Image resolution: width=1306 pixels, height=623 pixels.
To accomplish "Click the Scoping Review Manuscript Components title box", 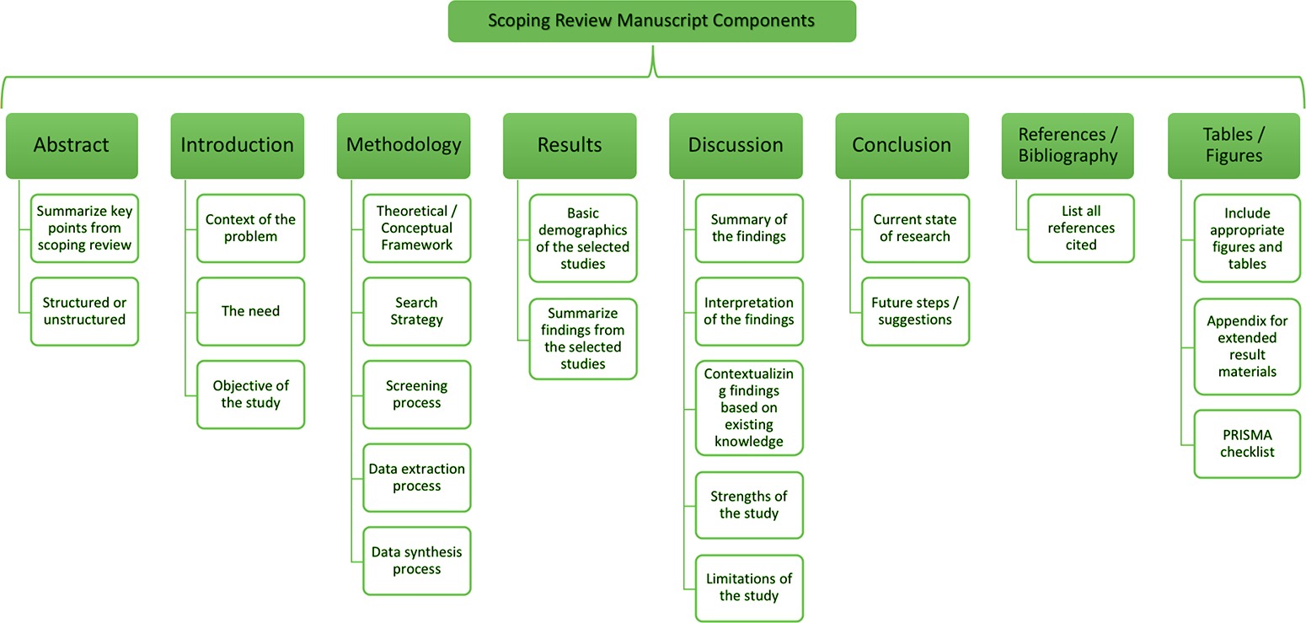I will tap(651, 21).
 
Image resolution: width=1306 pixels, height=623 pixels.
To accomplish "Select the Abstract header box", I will tap(72, 145).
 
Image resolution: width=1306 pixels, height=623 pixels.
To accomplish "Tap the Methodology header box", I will tap(404, 145).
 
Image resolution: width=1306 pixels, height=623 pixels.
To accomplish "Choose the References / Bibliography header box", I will tap(1068, 145).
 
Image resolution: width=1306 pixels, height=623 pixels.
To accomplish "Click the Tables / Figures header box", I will tap(1234, 145).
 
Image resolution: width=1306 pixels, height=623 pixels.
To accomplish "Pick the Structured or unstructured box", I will tap(84, 311).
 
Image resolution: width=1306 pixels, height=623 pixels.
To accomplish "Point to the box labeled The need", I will tap(250, 311).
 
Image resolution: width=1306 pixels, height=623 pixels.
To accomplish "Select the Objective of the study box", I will tap(250, 394).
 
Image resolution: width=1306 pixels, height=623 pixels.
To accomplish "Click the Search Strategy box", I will tap(416, 311).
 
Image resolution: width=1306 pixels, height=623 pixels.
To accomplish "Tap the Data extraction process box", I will tap(416, 477).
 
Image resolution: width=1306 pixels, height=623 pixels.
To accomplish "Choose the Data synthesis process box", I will tap(416, 561).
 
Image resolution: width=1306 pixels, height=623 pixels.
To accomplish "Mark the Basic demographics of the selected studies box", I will tap(583, 239).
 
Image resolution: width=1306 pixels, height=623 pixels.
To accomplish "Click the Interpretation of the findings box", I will tap(749, 311).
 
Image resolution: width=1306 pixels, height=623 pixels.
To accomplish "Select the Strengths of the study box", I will tap(749, 505).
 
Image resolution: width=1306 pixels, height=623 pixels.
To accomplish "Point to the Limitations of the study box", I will tap(749, 588).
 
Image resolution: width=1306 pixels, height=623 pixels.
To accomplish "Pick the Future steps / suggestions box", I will tap(915, 311).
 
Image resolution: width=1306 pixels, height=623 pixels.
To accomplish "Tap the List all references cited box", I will tap(1081, 228).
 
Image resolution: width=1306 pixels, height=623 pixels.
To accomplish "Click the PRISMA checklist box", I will tap(1247, 443).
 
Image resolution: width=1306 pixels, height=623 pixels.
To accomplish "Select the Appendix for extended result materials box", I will tap(1247, 346).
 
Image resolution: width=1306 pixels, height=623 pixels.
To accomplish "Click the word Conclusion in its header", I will tap(902, 145).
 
